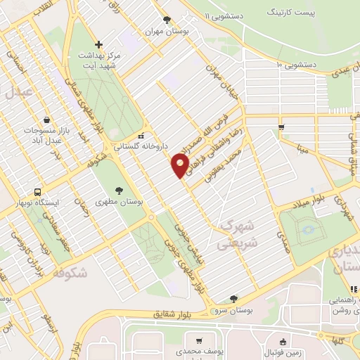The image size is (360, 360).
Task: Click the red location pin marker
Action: (x=180, y=165)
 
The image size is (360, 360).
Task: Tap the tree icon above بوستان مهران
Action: (x=166, y=20)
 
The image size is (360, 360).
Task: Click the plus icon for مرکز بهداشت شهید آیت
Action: (x=99, y=44)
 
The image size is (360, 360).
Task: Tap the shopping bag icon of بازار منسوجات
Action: (x=46, y=120)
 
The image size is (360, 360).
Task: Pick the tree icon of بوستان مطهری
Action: (x=118, y=190)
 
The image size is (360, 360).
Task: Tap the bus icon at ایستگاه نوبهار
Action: (x=37, y=191)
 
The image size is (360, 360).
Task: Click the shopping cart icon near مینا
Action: (x=281, y=127)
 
